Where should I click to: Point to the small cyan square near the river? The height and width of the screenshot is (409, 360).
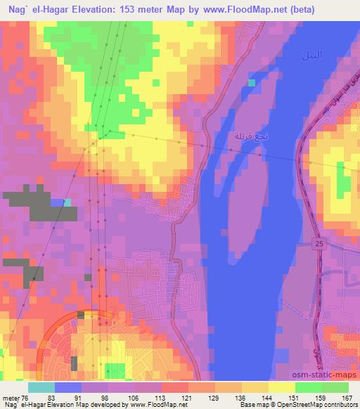pyautogui.click(x=252, y=83)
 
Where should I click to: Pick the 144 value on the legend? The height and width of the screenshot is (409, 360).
pyautogui.click(x=266, y=397)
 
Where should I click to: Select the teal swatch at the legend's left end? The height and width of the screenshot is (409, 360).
pyautogui.click(x=41, y=387)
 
